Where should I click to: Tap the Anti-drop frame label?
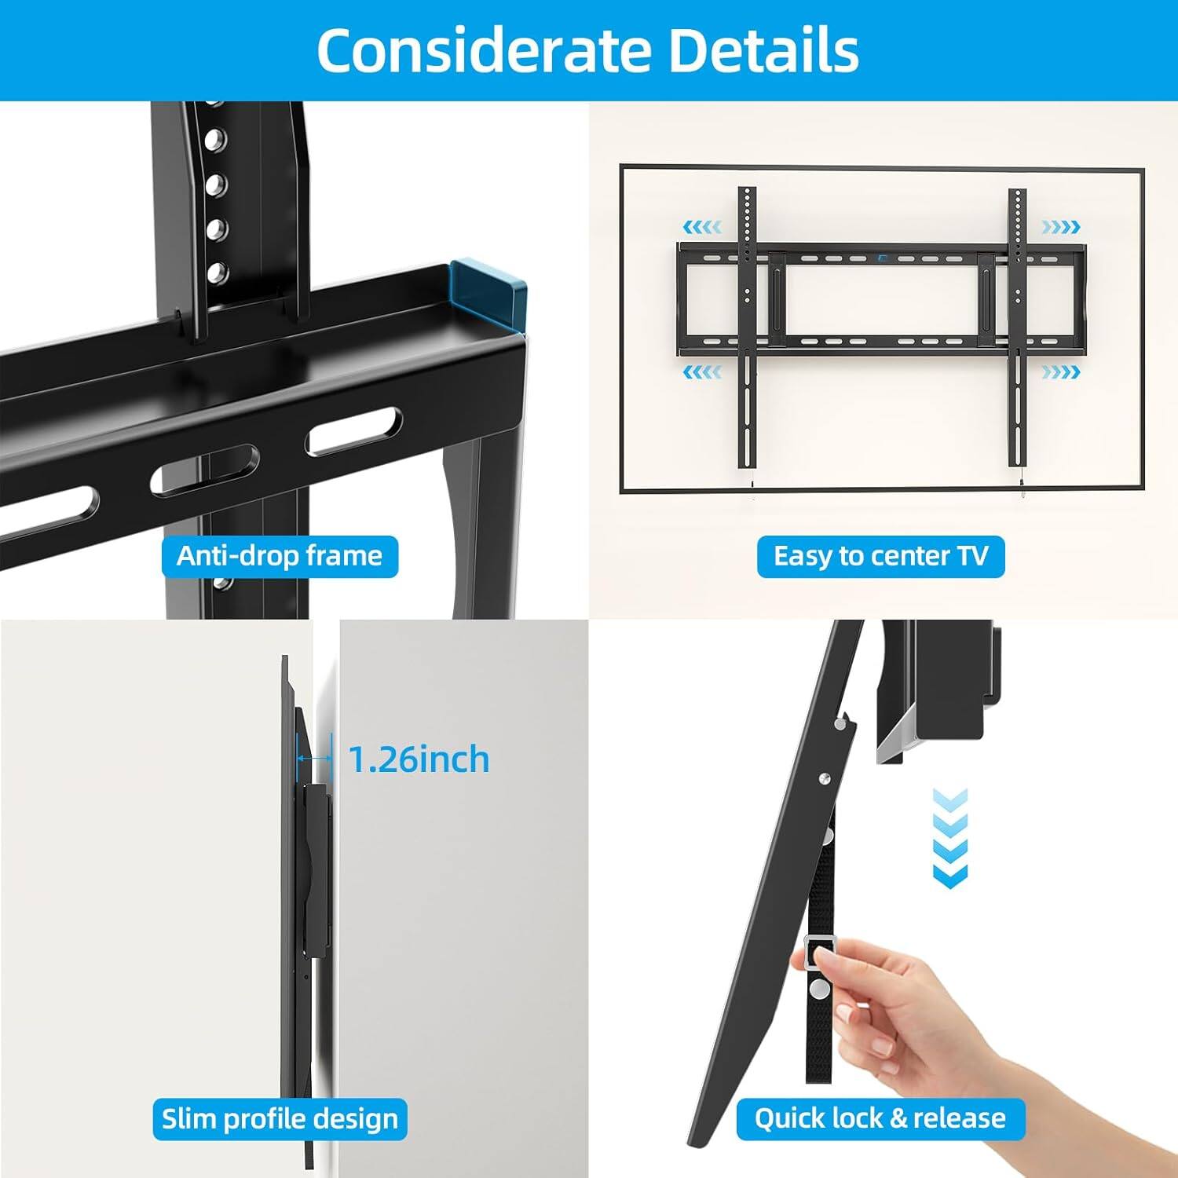280,556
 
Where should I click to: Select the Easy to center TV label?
880,556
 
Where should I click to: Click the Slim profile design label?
280,1118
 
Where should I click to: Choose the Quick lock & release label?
880,1118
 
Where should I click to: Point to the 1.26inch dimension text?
419,759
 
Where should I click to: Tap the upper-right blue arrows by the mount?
1060,228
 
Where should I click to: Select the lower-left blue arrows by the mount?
701,371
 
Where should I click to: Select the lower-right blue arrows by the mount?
1060,371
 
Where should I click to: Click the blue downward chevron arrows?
949,839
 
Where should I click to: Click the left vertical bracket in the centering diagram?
747,330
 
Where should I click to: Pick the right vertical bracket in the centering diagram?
1018,330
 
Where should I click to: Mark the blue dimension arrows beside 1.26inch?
314,759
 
